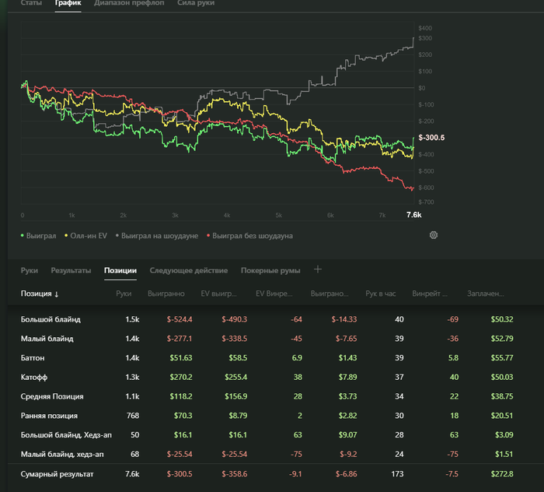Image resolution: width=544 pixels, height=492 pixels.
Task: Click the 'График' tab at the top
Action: (68, 3)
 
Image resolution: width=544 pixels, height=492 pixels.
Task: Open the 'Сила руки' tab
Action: (196, 3)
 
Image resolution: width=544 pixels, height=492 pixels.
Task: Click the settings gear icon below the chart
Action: (434, 234)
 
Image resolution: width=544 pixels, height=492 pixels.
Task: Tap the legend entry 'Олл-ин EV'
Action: (88, 235)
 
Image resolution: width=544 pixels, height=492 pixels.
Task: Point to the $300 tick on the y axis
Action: (425, 38)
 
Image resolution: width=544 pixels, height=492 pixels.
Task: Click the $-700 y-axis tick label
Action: (426, 202)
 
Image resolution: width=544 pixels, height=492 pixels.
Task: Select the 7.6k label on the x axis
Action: (413, 215)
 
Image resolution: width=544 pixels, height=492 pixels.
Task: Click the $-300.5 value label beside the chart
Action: (431, 138)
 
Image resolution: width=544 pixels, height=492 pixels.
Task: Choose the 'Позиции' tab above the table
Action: (120, 270)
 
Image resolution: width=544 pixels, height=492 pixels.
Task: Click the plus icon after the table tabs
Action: (317, 269)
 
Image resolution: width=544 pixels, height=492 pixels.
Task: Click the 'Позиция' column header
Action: (40, 293)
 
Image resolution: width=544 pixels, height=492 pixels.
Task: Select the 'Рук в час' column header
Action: (381, 293)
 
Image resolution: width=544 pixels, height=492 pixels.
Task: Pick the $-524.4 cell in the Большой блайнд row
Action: (179, 319)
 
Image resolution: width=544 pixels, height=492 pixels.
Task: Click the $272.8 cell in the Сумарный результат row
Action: (502, 473)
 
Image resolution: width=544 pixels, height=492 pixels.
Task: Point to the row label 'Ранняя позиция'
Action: (49, 416)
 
